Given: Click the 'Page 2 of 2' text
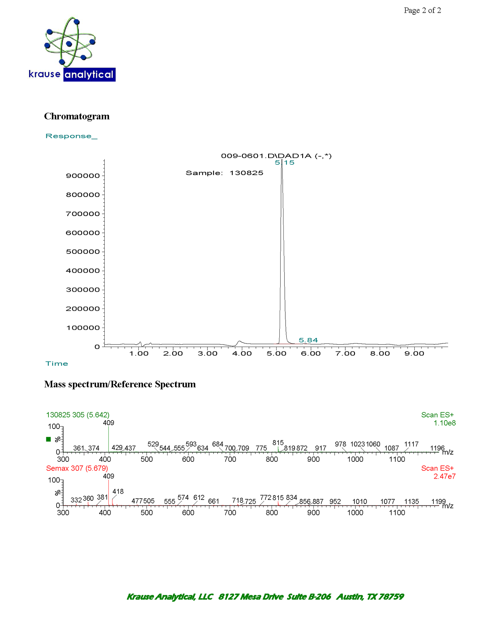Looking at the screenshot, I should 422,11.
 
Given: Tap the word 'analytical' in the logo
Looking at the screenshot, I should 89,75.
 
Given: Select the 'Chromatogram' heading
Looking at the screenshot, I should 77,116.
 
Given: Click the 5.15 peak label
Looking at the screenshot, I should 284,163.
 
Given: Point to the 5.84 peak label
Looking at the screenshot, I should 308,340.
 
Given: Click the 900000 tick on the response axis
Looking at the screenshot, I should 83,176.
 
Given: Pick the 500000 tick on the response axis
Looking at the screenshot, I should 83,252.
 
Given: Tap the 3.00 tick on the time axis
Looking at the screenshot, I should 207,354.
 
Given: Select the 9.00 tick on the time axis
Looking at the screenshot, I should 414,354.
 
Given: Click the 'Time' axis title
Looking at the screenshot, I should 57,364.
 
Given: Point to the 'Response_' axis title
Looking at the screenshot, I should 72,136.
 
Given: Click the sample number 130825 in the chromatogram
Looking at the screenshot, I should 246,173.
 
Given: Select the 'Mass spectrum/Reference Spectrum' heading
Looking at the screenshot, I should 120,384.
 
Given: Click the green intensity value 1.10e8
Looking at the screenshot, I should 444,423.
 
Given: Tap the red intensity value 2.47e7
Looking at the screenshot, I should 444,476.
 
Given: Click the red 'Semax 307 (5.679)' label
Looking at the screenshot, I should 77,468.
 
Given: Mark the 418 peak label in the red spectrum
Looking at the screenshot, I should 118,491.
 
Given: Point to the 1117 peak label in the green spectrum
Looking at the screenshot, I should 411,444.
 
